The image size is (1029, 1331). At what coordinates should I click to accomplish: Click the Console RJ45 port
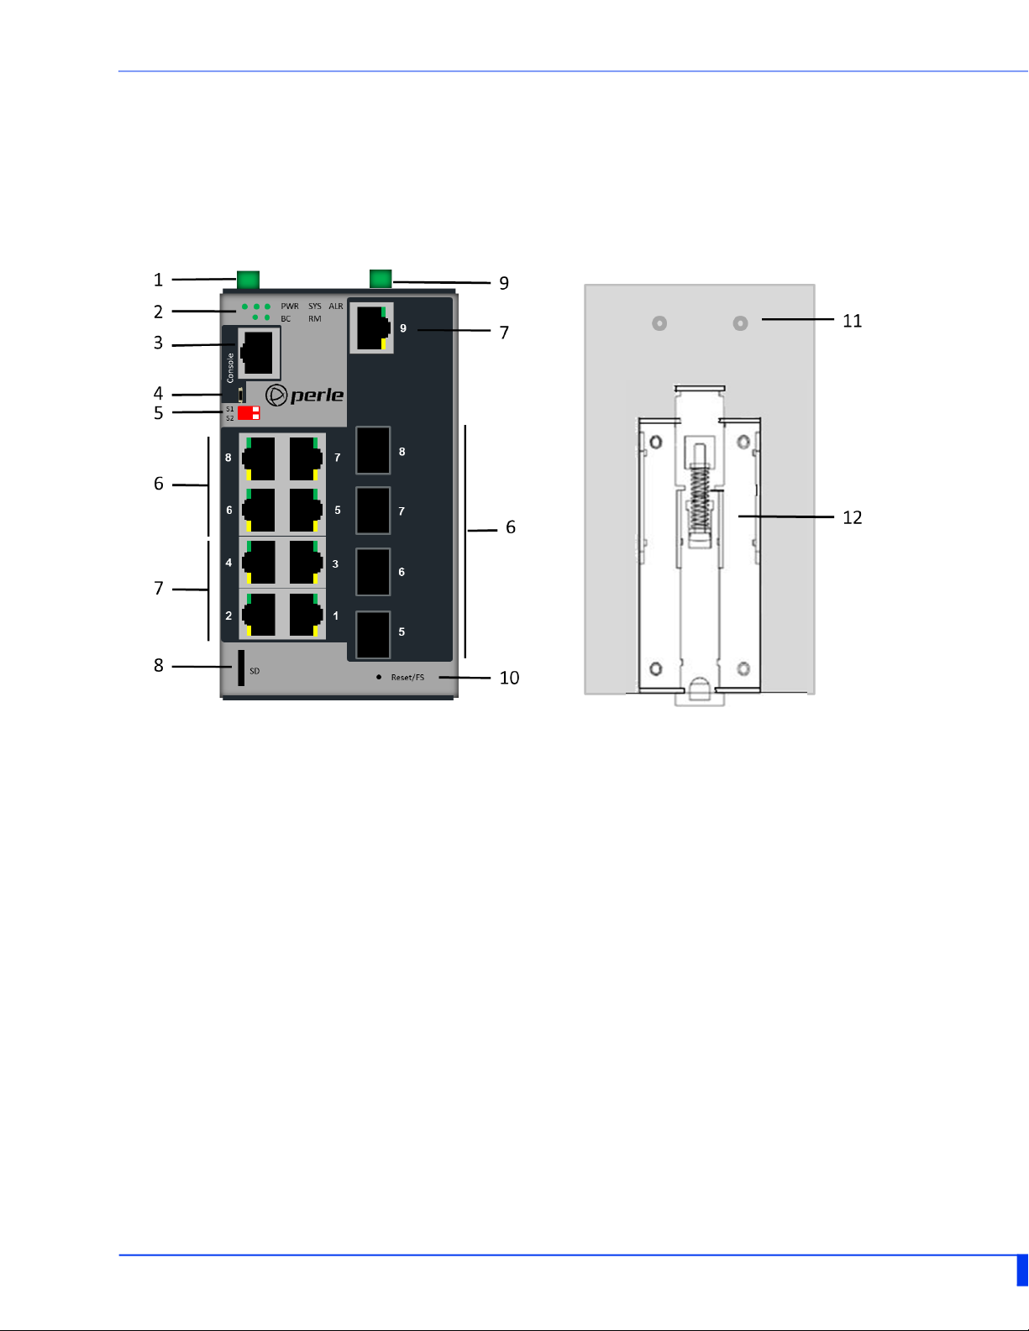click(260, 354)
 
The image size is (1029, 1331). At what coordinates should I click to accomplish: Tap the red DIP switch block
click(249, 413)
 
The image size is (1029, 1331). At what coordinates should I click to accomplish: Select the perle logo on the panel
click(305, 395)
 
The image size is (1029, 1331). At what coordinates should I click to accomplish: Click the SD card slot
click(241, 668)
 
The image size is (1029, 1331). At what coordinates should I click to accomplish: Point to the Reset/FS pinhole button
click(379, 677)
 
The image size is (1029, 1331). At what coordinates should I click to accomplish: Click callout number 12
click(852, 517)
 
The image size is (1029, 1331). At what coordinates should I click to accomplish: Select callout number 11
click(852, 321)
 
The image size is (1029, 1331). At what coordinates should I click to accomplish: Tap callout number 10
click(509, 678)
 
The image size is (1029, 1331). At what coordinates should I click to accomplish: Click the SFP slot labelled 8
click(373, 451)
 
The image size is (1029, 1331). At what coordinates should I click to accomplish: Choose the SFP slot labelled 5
click(373, 634)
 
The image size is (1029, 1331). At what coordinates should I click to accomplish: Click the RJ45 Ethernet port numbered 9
click(371, 328)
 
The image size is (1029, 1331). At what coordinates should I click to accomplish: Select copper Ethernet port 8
click(259, 459)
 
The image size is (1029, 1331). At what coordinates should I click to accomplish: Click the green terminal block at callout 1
click(248, 280)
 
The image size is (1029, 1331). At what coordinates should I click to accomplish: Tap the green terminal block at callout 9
click(381, 279)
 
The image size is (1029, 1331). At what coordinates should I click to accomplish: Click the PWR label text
click(290, 307)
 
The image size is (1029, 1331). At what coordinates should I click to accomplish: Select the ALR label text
click(336, 307)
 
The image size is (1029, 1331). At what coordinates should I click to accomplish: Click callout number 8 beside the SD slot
click(158, 666)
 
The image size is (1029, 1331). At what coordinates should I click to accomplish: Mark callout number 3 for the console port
click(158, 343)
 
